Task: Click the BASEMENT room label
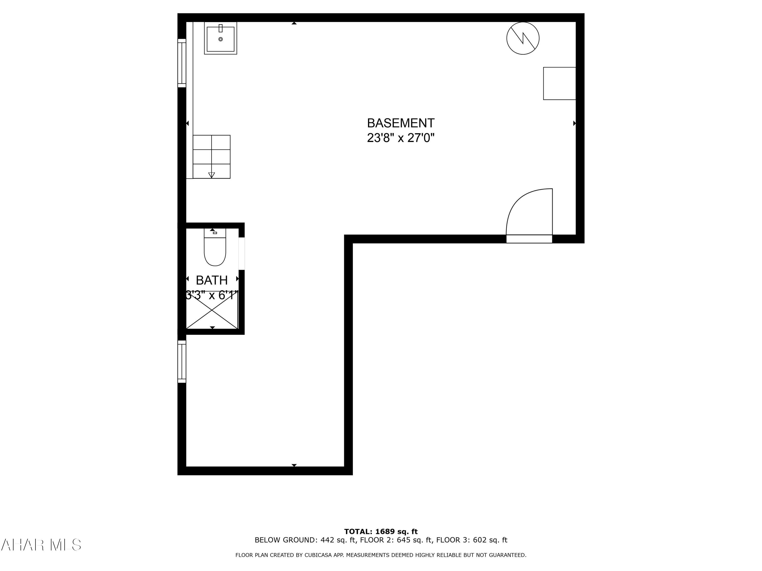pyautogui.click(x=400, y=123)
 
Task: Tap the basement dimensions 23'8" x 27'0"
pyautogui.click(x=400, y=138)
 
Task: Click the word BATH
pyautogui.click(x=212, y=280)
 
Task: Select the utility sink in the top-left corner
pyautogui.click(x=220, y=38)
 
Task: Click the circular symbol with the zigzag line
pyautogui.click(x=522, y=38)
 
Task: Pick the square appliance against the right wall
pyautogui.click(x=559, y=84)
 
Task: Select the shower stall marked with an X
pyautogui.click(x=212, y=311)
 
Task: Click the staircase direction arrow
pyautogui.click(x=212, y=175)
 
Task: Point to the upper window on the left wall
pyautogui.click(x=182, y=63)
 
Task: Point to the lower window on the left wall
pyautogui.click(x=182, y=361)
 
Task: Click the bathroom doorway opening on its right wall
pyautogui.click(x=242, y=254)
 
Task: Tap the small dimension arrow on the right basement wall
pyautogui.click(x=574, y=123)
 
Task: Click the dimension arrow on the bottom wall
pyautogui.click(x=294, y=465)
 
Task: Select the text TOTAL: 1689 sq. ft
pyautogui.click(x=381, y=531)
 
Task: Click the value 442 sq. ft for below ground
pyautogui.click(x=338, y=540)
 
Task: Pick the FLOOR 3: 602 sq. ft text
pyautogui.click(x=472, y=540)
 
